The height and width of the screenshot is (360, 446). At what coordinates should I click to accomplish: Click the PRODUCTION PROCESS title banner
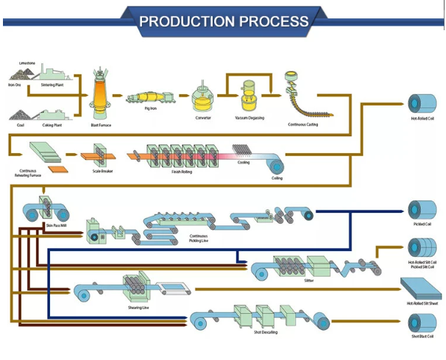pos(223,20)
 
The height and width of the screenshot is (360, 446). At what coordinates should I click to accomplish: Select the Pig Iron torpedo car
pos(150,99)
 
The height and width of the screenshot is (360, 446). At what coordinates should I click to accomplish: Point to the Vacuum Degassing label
pos(249,118)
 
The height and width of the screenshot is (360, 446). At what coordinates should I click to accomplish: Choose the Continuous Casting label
pos(302,124)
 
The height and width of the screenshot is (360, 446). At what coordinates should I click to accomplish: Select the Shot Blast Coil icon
pos(422,321)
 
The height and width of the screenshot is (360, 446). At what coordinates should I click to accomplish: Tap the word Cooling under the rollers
pos(243,162)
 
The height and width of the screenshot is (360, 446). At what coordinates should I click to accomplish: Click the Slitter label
pos(308,280)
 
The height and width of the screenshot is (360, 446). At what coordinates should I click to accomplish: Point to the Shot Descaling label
pos(264,333)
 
